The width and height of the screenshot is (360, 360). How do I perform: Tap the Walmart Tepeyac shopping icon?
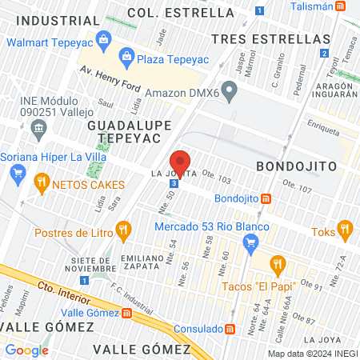pos(102,38)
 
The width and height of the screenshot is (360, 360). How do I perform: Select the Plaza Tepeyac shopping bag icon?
pos(126,56)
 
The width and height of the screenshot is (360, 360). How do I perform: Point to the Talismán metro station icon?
pos(341,6)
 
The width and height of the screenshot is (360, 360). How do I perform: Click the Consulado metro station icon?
pos(230,328)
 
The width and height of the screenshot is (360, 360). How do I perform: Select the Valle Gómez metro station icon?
pos(126,313)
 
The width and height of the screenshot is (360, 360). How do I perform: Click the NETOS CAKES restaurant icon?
pos(41,184)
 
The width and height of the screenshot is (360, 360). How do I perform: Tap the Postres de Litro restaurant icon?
pos(122,232)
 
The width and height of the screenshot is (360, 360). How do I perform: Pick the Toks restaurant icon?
pos(345,230)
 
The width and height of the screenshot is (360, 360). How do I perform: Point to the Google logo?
pos(26,350)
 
